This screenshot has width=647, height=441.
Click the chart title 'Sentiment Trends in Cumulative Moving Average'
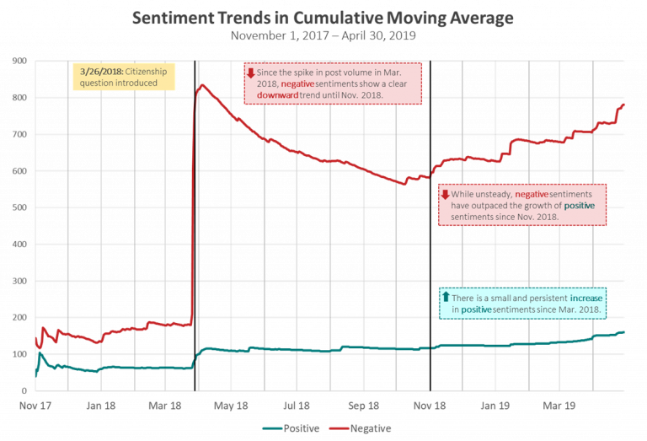pyautogui.click(x=323, y=19)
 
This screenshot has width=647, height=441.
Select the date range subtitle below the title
pyautogui.click(x=323, y=36)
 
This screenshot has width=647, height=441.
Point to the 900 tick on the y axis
pyautogui.click(x=19, y=61)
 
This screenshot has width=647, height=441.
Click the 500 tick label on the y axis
pyautogui.click(x=19, y=207)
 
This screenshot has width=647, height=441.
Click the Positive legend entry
pyautogui.click(x=291, y=428)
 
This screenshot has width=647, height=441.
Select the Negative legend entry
pyautogui.click(x=363, y=428)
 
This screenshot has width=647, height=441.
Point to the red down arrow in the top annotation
pyautogui.click(x=250, y=73)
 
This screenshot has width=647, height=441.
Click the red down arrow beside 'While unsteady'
pyautogui.click(x=446, y=195)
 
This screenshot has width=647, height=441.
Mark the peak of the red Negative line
pyautogui.click(x=201, y=85)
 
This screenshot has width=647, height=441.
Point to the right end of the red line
pyautogui.click(x=625, y=104)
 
